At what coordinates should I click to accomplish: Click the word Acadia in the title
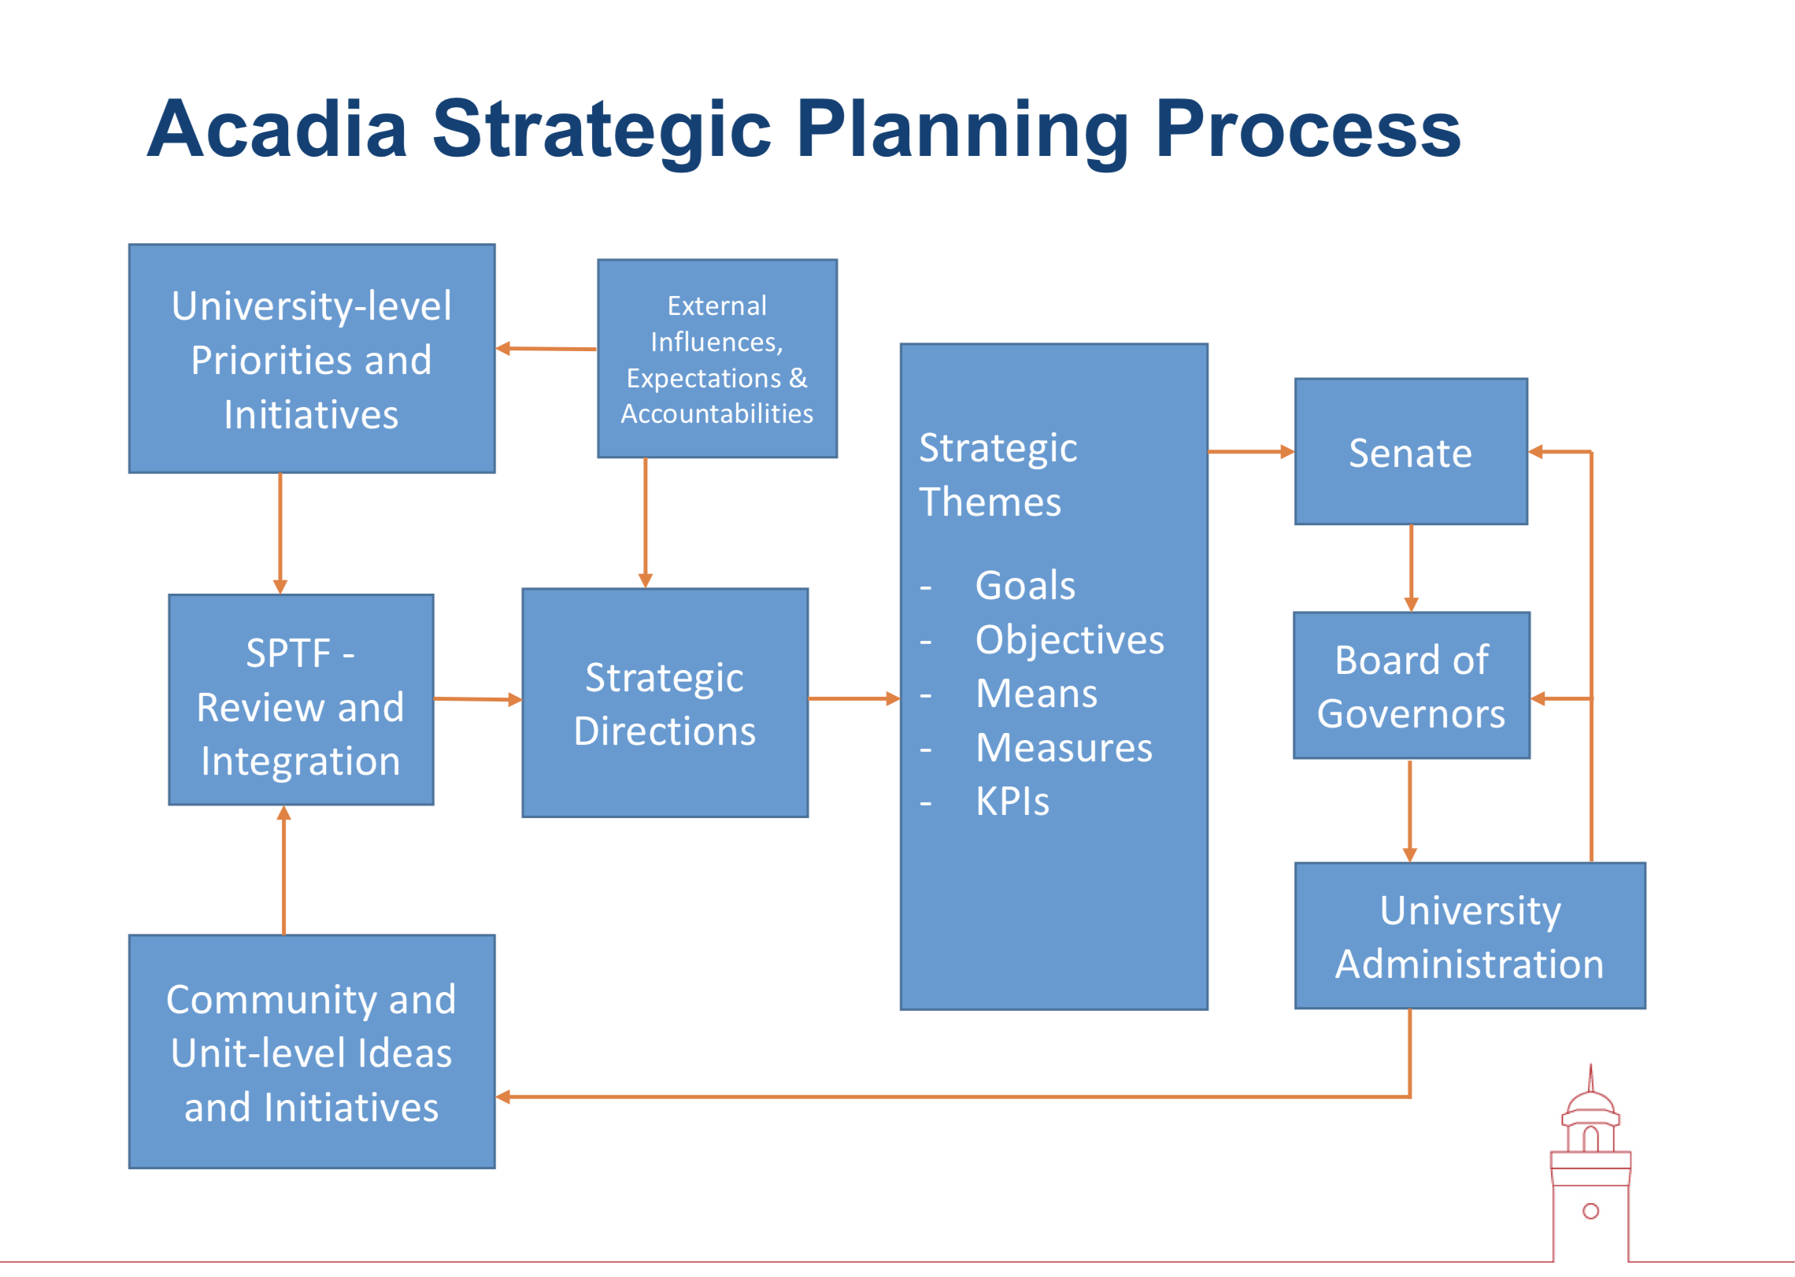(x=277, y=129)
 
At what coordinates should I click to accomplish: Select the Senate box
(x=1411, y=452)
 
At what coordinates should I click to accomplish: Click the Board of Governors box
(x=1412, y=686)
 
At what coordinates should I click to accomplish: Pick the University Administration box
(x=1470, y=936)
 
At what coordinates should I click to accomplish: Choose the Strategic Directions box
(x=665, y=703)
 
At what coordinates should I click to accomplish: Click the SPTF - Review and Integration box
(x=301, y=700)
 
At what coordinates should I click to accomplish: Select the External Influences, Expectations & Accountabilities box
(x=717, y=359)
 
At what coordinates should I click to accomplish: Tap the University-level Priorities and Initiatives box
(x=312, y=359)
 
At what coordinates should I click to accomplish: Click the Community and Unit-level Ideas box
(x=312, y=1052)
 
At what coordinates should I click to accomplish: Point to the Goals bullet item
(x=1025, y=586)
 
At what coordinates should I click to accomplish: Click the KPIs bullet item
(x=1012, y=801)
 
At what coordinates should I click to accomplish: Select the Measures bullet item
(x=1064, y=748)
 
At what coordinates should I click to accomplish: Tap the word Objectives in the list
(x=1070, y=640)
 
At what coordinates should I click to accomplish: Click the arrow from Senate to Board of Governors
(x=1412, y=568)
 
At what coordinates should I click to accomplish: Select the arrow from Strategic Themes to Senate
(x=1252, y=452)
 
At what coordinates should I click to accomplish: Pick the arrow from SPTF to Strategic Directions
(x=478, y=699)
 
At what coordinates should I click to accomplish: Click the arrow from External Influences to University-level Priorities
(x=546, y=349)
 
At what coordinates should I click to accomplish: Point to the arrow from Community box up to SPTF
(x=284, y=870)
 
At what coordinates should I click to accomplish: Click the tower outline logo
(x=1590, y=1165)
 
